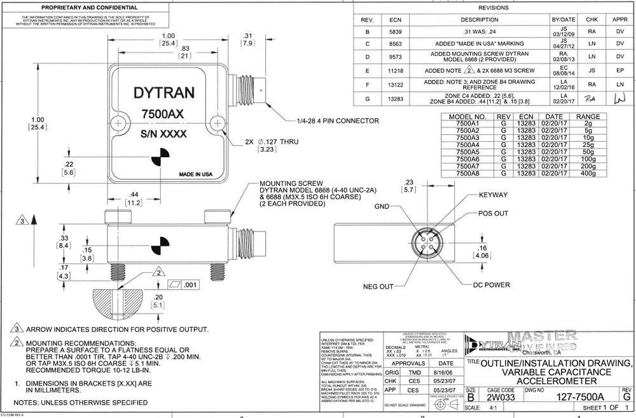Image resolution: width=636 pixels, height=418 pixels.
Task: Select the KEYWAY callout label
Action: (493, 195)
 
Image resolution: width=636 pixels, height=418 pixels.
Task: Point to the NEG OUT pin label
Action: (378, 287)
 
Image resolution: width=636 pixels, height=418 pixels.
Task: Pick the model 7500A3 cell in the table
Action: (468, 137)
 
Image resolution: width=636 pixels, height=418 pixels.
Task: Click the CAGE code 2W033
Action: (501, 396)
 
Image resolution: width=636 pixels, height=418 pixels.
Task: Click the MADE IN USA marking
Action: (195, 174)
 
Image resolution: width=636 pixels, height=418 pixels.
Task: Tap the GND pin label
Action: (382, 207)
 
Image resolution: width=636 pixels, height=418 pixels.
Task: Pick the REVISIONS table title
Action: (494, 8)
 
